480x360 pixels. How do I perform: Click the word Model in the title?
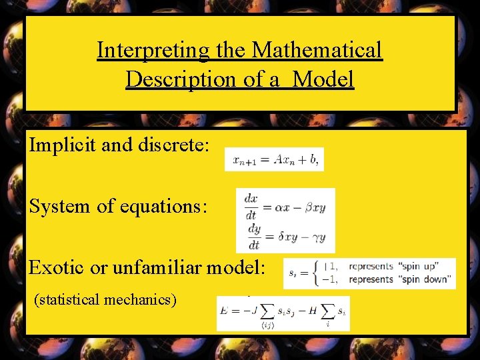pyautogui.click(x=323, y=79)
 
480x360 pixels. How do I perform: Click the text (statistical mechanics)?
pyautogui.click(x=105, y=299)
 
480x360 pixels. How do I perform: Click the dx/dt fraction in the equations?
pyautogui.click(x=251, y=206)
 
